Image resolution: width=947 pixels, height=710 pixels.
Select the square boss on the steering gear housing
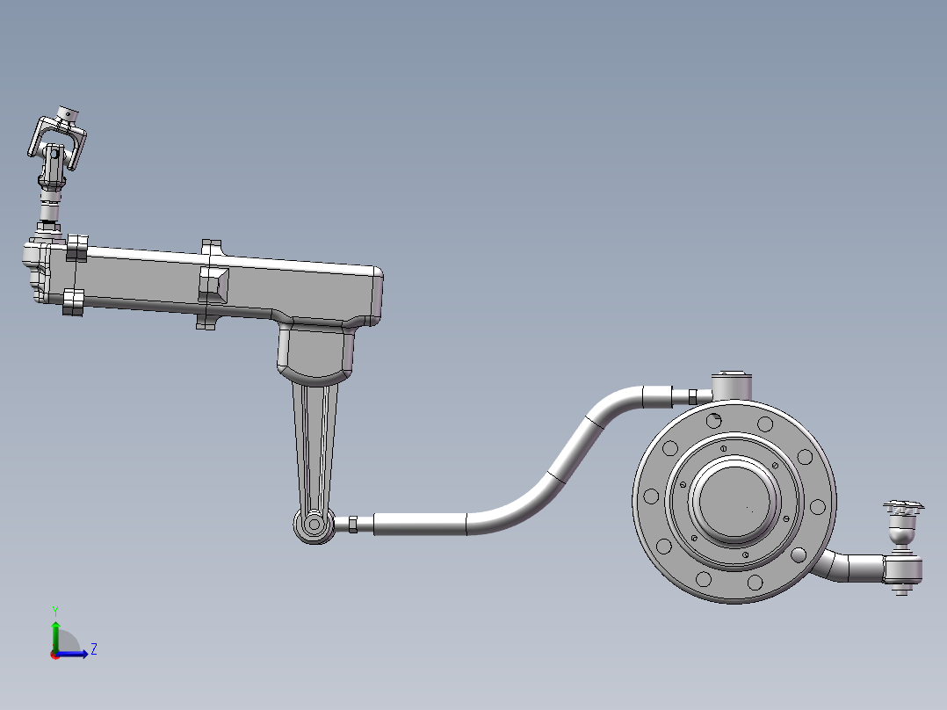pyautogui.click(x=214, y=283)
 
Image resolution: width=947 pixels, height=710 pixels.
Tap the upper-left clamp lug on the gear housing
pyautogui.click(x=77, y=248)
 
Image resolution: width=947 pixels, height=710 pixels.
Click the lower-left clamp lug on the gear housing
pyautogui.click(x=73, y=302)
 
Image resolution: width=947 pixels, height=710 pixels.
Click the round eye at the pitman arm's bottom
pyautogui.click(x=313, y=525)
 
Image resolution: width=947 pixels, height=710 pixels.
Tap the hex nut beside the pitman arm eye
pyautogui.click(x=352, y=525)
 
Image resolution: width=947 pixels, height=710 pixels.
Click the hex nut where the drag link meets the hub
pyautogui.click(x=693, y=396)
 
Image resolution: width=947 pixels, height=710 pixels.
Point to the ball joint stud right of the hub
pyautogui.click(x=904, y=527)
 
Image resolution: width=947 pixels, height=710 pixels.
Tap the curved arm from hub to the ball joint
pyautogui.click(x=848, y=567)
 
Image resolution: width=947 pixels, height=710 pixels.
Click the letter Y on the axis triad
pyautogui.click(x=54, y=610)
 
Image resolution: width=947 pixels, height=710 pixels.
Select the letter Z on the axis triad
pyautogui.click(x=93, y=649)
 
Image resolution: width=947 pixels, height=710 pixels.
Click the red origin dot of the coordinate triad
pyautogui.click(x=55, y=654)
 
